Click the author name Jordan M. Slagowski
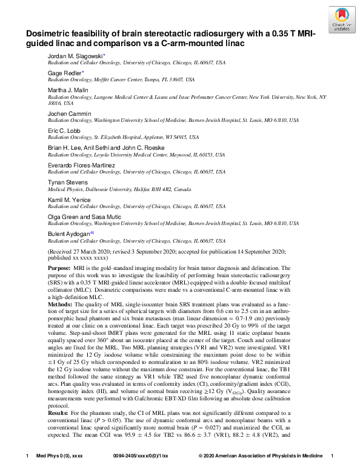click(x=76, y=56)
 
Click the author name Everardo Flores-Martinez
click(x=81, y=165)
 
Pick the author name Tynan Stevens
click(x=67, y=182)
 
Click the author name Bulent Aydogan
click(x=69, y=234)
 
